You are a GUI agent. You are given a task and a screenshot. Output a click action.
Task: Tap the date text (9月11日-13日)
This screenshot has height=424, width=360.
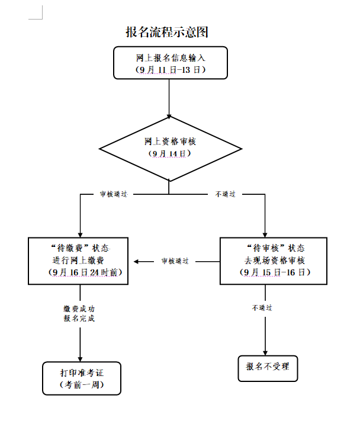171,69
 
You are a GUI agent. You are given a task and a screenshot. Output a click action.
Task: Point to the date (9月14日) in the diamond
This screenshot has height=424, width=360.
171,153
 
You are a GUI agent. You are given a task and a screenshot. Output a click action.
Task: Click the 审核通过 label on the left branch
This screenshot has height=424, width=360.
113,194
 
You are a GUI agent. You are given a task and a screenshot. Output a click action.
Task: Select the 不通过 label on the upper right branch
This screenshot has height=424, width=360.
226,194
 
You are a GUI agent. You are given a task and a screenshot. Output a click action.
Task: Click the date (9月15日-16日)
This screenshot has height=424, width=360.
275,272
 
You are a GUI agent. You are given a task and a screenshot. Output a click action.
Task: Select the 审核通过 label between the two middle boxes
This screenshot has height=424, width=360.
175,261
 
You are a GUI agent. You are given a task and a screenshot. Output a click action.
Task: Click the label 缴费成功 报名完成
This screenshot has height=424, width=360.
79,313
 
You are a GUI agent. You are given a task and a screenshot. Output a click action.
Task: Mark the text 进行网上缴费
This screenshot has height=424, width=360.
79,260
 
